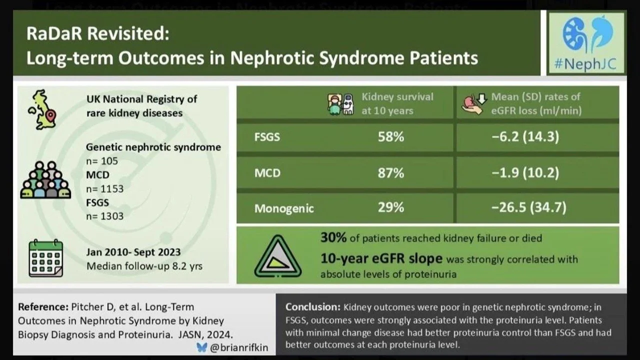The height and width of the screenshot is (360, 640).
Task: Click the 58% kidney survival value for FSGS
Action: [391, 137]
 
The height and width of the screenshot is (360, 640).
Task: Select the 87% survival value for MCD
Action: [391, 173]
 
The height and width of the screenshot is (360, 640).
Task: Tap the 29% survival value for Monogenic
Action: [391, 207]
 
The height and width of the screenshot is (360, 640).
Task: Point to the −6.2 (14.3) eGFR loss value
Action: [525, 137]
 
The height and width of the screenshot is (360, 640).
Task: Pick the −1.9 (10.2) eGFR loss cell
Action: [525, 173]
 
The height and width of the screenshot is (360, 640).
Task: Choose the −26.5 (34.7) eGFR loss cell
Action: [529, 207]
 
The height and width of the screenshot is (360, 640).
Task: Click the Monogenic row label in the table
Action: [284, 209]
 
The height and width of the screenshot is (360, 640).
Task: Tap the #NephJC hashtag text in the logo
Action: [585, 64]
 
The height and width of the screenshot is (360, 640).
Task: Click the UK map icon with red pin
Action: [43, 109]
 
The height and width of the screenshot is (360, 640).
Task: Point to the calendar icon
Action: [45, 258]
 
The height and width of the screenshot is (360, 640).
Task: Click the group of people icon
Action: [45, 180]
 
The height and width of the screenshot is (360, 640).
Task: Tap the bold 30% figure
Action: [333, 237]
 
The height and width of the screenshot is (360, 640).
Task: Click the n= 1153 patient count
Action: [105, 189]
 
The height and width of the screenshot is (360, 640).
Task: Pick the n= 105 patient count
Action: [102, 161]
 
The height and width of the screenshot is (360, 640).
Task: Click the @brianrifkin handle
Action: [239, 347]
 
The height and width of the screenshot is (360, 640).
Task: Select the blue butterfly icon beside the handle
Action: [201, 347]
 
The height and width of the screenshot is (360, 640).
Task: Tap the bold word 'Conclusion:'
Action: [313, 307]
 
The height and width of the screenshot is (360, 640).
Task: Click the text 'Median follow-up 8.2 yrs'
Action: [144, 266]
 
